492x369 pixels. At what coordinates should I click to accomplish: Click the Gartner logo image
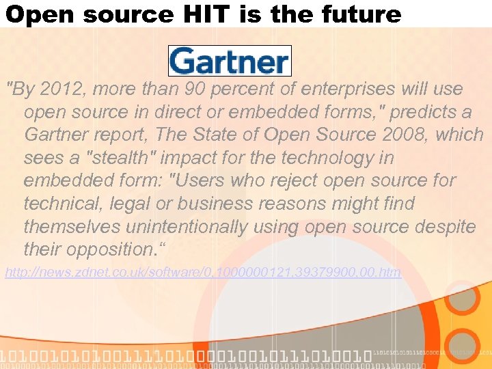230,60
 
